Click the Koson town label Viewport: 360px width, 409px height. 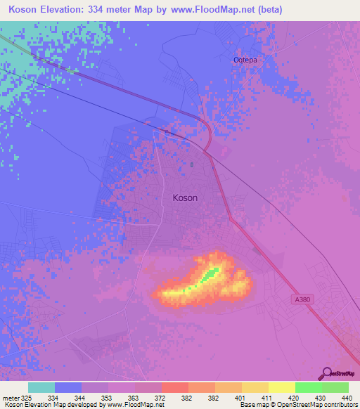(x=185, y=198)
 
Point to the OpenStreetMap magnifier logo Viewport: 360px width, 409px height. (x=326, y=373)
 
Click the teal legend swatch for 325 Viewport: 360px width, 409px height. (x=41, y=387)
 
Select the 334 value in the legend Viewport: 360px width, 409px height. (x=52, y=398)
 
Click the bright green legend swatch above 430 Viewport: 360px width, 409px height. (x=309, y=387)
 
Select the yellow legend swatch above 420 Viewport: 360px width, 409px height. (x=282, y=387)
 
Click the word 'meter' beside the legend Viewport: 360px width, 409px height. (x=13, y=398)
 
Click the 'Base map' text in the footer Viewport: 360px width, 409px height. (x=254, y=405)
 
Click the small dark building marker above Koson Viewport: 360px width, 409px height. (x=192, y=166)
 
